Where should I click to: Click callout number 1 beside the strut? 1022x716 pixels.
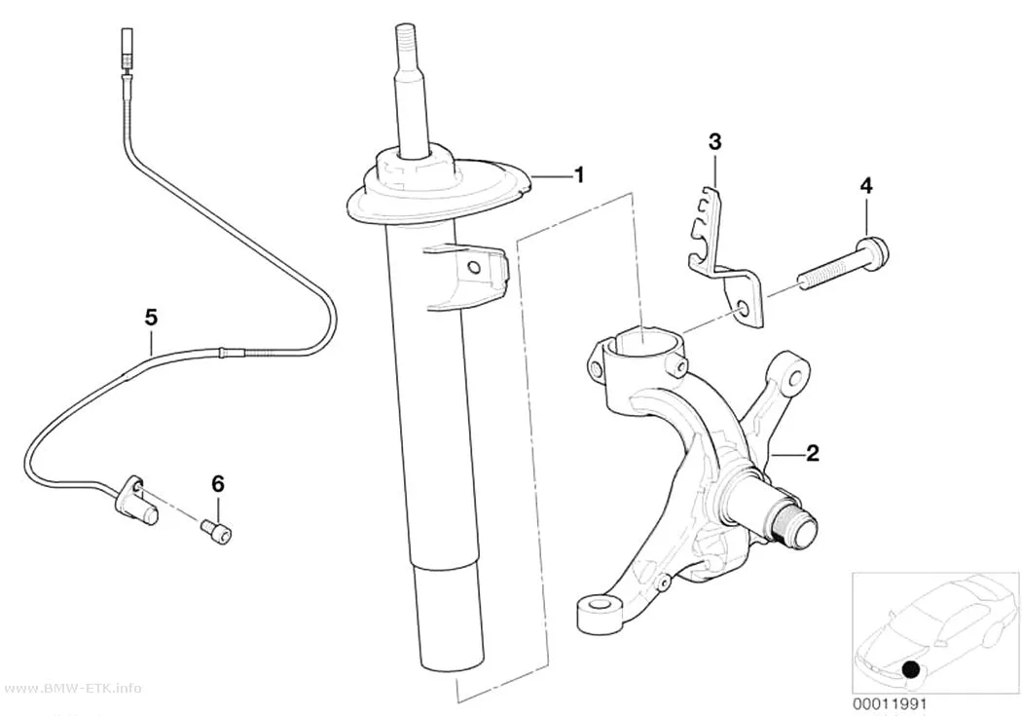(x=578, y=174)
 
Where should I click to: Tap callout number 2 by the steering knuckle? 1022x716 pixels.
(x=812, y=453)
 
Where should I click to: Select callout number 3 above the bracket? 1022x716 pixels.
(x=715, y=141)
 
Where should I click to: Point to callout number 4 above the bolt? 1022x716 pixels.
(x=865, y=186)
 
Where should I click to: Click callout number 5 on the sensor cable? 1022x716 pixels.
(x=151, y=318)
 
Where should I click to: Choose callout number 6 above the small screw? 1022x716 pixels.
(x=218, y=484)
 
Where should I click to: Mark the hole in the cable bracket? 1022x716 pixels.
(x=742, y=307)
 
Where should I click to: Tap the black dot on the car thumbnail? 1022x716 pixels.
(x=911, y=669)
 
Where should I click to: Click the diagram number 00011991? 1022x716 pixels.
(x=889, y=704)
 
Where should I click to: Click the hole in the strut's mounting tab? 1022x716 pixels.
(x=475, y=266)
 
